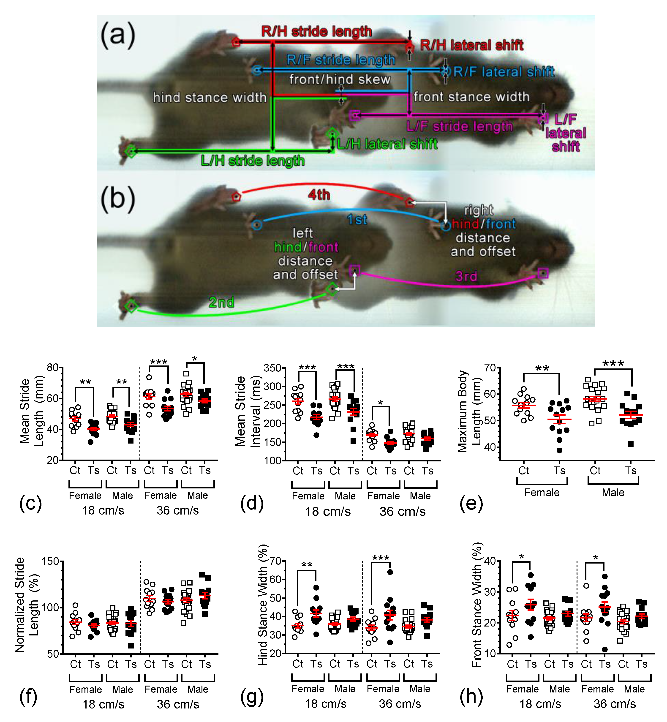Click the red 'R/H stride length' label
(316, 31)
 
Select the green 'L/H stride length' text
(252, 161)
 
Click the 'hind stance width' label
(209, 98)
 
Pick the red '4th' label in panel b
(319, 195)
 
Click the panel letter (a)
(118, 35)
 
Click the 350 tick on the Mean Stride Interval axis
(272, 368)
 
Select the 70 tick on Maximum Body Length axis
(490, 368)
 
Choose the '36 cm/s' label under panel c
(178, 510)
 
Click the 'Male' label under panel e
(613, 492)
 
